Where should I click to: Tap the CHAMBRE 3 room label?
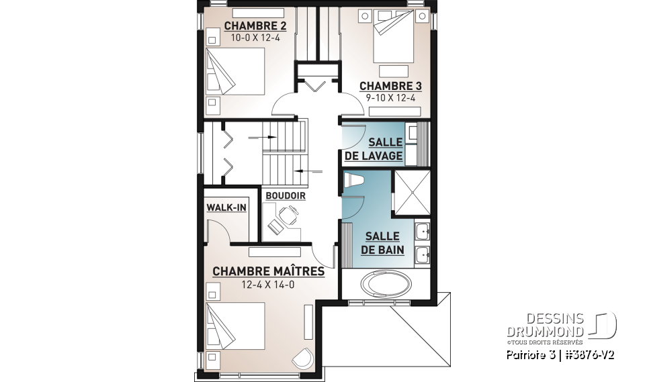(x=390, y=86)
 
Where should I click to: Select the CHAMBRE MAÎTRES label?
(x=268, y=271)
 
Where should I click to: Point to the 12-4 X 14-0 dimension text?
(x=268, y=285)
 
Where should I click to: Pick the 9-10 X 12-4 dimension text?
(x=390, y=98)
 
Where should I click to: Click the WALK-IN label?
(x=226, y=207)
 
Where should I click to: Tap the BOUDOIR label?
(x=285, y=195)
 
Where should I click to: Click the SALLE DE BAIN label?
(x=382, y=243)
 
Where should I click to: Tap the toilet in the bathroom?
(x=353, y=180)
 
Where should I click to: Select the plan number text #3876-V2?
(x=588, y=354)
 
